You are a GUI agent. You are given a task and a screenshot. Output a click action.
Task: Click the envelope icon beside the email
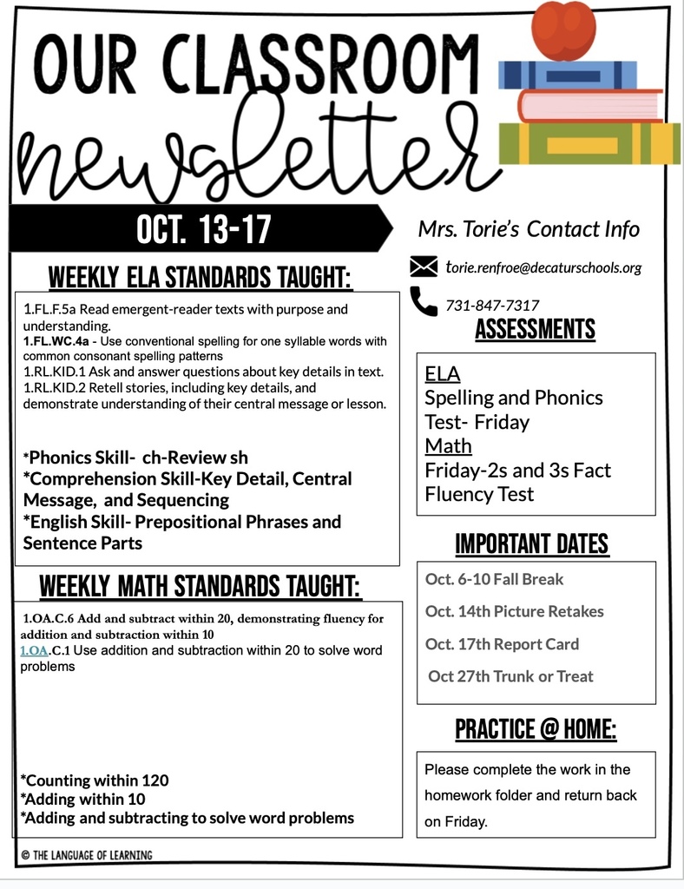click(424, 267)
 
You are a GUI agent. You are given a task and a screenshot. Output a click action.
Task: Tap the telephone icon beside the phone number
click(424, 301)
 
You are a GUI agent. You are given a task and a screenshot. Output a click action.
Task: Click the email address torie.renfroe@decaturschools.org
click(543, 267)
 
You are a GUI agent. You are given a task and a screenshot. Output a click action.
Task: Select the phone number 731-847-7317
click(492, 305)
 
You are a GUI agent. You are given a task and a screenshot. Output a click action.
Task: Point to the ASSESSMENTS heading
click(535, 330)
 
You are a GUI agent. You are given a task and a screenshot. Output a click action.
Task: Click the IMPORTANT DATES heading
click(531, 544)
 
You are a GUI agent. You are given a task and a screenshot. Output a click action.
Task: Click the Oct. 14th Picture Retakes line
click(514, 611)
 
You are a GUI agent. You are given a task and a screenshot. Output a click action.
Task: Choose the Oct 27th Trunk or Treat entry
click(510, 676)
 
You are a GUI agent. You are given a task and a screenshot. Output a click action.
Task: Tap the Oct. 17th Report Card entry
click(502, 644)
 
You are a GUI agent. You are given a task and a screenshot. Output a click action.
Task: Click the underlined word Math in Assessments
click(448, 446)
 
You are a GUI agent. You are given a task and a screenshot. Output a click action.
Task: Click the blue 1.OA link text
click(36, 650)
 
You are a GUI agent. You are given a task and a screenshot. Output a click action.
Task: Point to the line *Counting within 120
click(95, 780)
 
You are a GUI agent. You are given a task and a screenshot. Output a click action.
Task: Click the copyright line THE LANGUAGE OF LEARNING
click(87, 855)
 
